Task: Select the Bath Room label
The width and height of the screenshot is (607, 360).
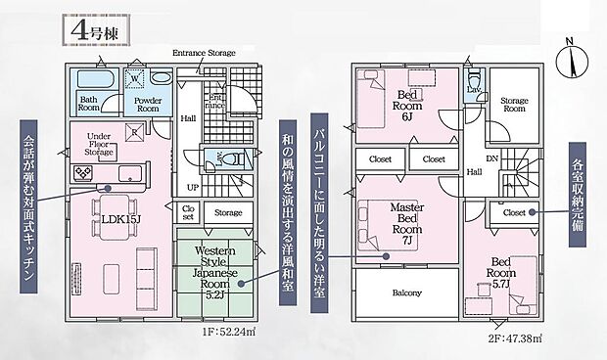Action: pyautogui.click(x=88, y=104)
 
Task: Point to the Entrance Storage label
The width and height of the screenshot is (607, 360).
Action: pyautogui.click(x=204, y=52)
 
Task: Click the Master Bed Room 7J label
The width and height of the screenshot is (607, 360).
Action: pyautogui.click(x=405, y=223)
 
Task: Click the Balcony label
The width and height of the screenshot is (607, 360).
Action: pyautogui.click(x=406, y=292)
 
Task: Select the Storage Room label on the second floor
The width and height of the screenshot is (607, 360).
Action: pyautogui.click(x=514, y=105)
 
